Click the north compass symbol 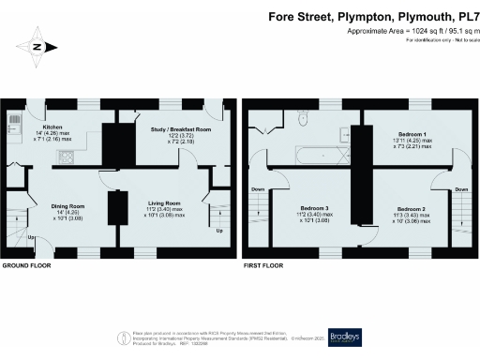(x=37, y=46)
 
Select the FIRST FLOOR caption (x=265, y=265)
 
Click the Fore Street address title (x=367, y=16)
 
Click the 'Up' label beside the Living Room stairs (x=219, y=230)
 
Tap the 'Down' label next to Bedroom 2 (x=460, y=189)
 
